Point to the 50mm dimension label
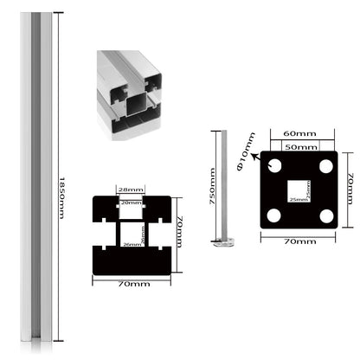coord(300,146)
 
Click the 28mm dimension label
coord(132,190)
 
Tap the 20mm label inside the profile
coord(132,202)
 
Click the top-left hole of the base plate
coord(274,166)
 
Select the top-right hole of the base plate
coord(326,166)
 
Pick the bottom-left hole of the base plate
coord(274,215)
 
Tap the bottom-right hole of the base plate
coord(326,215)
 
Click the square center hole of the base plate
coord(299,190)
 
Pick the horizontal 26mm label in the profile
coord(132,247)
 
